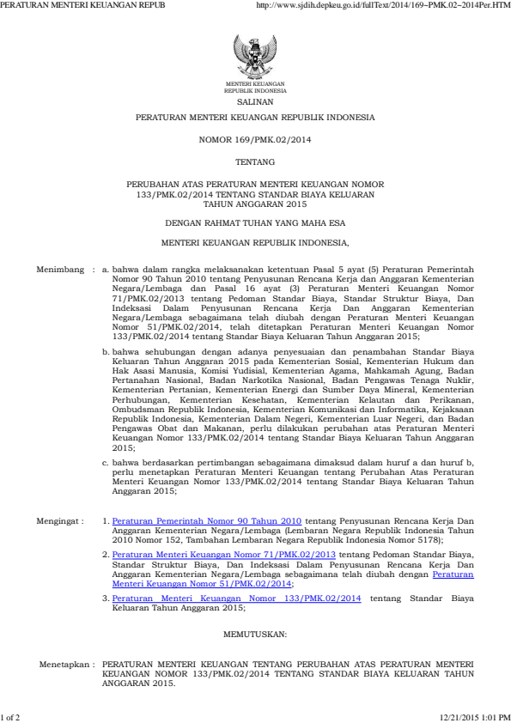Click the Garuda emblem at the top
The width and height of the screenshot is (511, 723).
pos(255,56)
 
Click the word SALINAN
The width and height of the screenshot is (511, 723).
pos(255,100)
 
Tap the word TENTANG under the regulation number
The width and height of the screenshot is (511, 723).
pos(255,161)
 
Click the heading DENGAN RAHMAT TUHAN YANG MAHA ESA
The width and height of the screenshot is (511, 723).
pos(255,221)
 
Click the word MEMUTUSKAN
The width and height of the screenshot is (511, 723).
pos(255,635)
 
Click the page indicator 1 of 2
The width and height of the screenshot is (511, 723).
pos(11,716)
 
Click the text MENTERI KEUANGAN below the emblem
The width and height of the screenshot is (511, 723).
pos(255,83)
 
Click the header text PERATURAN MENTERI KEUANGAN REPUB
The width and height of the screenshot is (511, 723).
pos(82,5)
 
